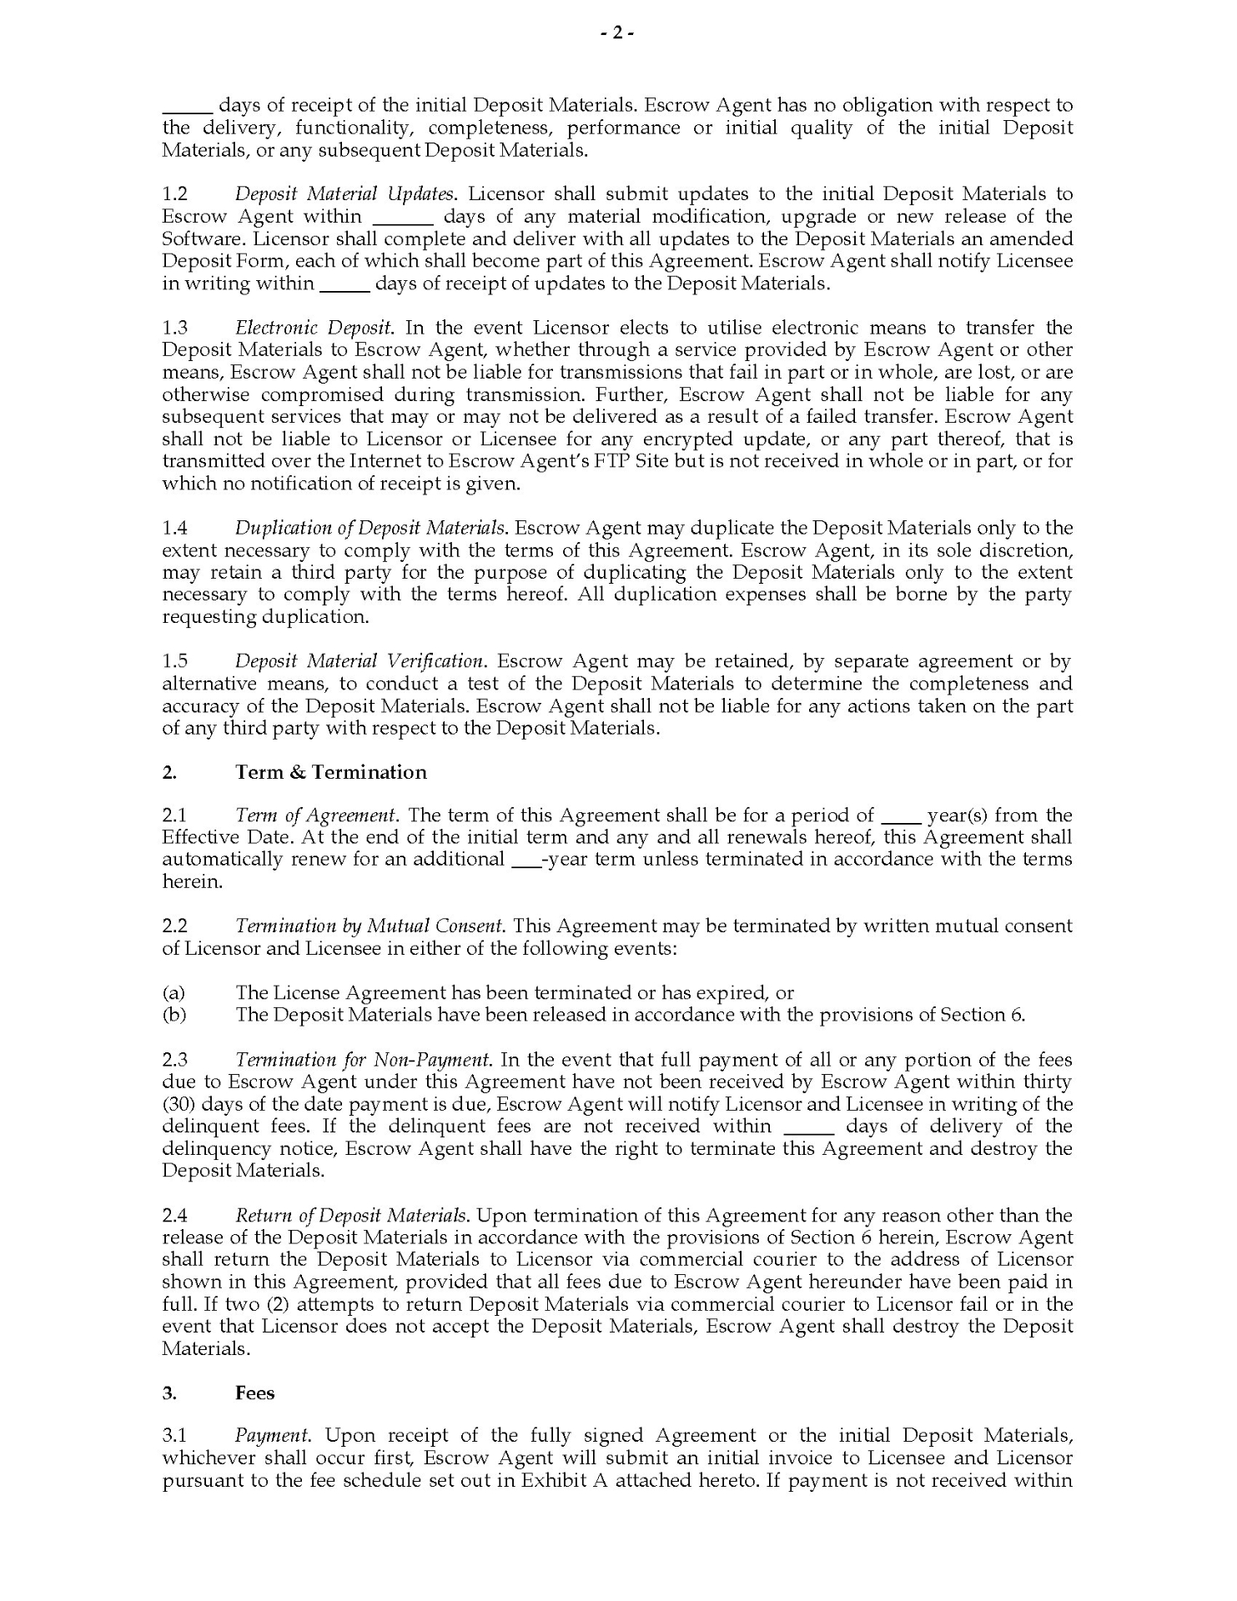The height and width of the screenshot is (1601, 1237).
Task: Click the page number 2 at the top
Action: click(618, 33)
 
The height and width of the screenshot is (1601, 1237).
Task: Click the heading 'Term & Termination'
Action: click(331, 772)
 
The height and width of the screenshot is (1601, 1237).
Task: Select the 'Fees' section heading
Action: click(254, 1393)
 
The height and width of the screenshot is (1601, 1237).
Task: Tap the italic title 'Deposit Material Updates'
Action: click(344, 194)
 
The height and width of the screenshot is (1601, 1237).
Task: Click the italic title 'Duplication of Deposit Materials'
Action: click(370, 528)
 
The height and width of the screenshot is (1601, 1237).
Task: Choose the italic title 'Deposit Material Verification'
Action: click(359, 661)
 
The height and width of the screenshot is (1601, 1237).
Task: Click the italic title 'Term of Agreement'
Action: click(315, 816)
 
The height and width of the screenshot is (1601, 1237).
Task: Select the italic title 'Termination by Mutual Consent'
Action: click(370, 926)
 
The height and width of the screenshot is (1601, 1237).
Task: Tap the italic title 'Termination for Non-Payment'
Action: click(362, 1060)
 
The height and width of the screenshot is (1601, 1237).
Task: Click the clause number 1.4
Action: click(175, 528)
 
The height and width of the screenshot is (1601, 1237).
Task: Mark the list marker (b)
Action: click(174, 1015)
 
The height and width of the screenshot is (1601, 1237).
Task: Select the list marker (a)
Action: click(173, 993)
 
